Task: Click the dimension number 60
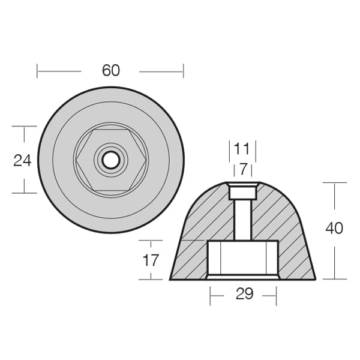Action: tap(111, 70)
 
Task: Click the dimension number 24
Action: tap(22, 160)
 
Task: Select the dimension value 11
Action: tap(242, 149)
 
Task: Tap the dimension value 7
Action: tap(243, 169)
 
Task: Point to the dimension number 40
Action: tap(334, 228)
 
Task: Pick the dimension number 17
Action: tap(151, 260)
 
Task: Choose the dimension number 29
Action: tap(245, 293)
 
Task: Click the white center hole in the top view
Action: tap(111, 160)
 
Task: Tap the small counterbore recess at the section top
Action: tap(242, 193)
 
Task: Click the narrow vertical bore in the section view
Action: tap(243, 220)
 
